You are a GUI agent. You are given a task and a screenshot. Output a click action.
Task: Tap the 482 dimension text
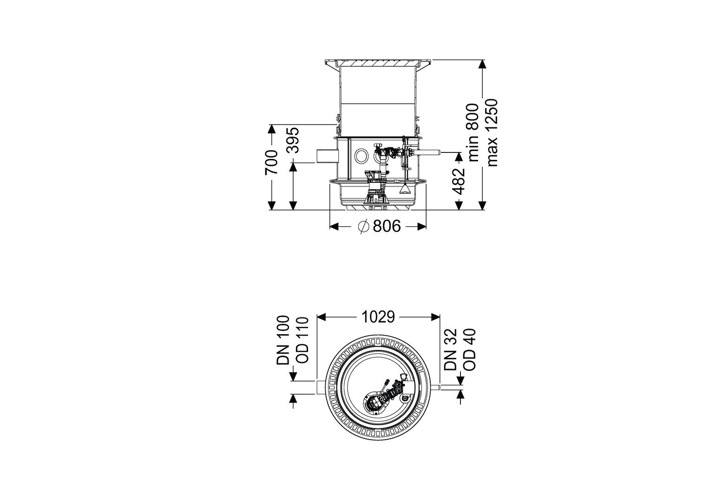point(458,181)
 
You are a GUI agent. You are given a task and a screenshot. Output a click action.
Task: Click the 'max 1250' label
point(492,132)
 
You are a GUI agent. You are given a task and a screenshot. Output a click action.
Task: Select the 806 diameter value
point(387,226)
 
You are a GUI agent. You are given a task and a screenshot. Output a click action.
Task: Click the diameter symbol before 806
point(363,226)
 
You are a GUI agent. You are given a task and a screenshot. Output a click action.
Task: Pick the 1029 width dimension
point(378,317)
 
